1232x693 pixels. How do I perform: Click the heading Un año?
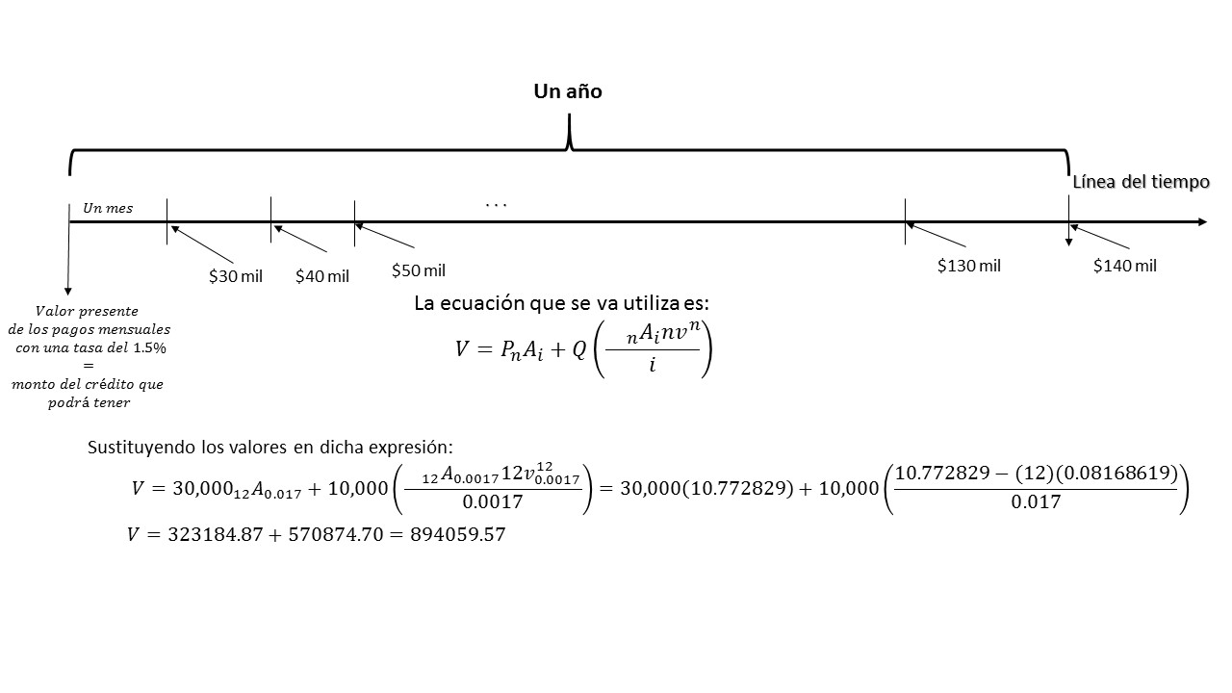point(568,91)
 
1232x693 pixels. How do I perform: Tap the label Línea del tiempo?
point(1141,182)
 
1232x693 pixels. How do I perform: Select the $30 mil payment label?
point(236,276)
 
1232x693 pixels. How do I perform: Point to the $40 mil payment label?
point(322,276)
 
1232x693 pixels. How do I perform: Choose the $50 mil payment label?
point(419,270)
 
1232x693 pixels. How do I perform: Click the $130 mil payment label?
point(969,266)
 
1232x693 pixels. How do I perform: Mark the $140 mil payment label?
point(1125,266)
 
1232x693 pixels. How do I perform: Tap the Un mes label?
point(108,208)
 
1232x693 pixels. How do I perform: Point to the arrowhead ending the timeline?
point(1202,222)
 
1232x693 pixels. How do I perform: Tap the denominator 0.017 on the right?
point(1036,501)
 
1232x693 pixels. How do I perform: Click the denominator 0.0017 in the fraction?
point(493,501)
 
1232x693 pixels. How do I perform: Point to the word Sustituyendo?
point(138,448)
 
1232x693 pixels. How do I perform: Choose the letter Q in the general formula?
point(578,351)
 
